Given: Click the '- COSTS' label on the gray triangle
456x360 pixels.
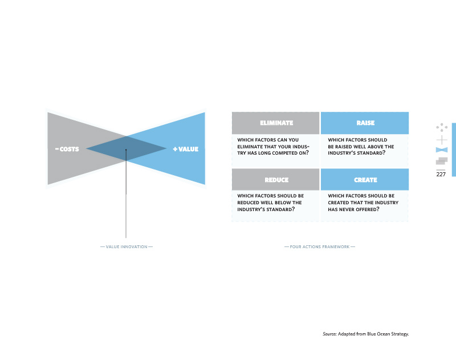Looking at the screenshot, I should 67,149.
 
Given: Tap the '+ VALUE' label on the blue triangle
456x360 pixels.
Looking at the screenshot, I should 186,149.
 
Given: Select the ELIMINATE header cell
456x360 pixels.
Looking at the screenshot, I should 276,123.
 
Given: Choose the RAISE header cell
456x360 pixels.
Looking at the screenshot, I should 365,123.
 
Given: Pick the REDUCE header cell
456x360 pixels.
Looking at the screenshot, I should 276,180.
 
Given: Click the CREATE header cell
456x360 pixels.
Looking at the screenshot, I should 365,180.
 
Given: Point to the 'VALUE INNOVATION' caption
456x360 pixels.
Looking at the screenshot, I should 127,246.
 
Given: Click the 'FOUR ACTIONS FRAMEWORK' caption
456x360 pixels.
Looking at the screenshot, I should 319,246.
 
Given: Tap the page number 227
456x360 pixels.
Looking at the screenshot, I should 441,175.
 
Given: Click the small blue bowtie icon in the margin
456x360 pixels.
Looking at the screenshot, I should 441,150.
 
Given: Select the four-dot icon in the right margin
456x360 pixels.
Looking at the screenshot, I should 441,128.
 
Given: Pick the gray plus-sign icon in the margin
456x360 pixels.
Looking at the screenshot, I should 441,140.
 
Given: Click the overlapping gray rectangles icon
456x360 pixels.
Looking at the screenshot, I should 441,161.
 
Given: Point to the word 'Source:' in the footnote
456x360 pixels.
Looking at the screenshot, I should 330,333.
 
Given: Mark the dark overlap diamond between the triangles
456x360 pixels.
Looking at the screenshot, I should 126,149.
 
